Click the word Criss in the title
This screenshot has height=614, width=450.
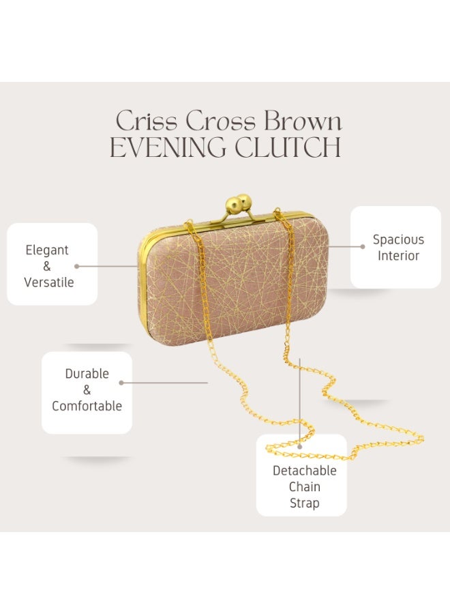[x=147, y=121]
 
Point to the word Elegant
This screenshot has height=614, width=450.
[x=47, y=250]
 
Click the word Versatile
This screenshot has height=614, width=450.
[x=49, y=282]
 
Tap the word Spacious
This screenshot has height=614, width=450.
[x=398, y=239]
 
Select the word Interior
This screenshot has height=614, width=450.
[x=398, y=256]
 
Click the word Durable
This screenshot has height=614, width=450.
[x=87, y=374]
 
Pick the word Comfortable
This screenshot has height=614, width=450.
[x=87, y=406]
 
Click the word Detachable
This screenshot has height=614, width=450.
[x=305, y=470]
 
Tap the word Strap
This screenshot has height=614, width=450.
[x=305, y=503]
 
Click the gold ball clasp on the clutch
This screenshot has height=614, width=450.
[x=239, y=203]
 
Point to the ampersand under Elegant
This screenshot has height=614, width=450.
[x=47, y=266]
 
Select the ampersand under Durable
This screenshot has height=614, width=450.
[x=87, y=390]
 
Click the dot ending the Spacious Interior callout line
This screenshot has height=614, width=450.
[x=363, y=247]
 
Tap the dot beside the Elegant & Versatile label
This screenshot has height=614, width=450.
[x=76, y=266]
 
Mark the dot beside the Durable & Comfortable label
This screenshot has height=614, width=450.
[x=121, y=383]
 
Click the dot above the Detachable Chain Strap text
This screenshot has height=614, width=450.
[x=300, y=446]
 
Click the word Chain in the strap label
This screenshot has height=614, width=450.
[x=305, y=486]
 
